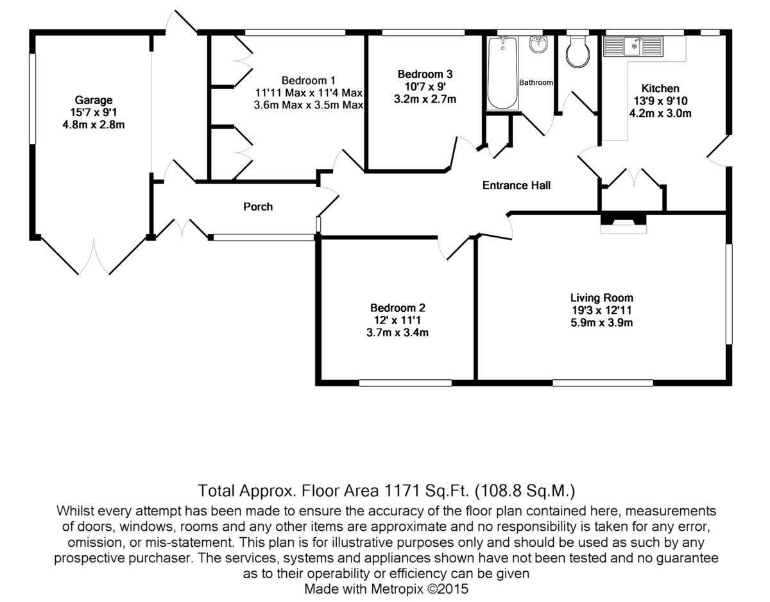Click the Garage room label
pos(94,100)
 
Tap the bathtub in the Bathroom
pos(502,74)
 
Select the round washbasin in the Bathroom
pos(538,46)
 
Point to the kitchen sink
pos(633,46)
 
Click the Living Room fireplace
pos(623,221)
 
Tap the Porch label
pos(258,207)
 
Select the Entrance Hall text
pos(517,186)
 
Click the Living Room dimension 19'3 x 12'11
pos(602,311)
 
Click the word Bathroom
pos(536,83)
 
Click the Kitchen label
pos(660,89)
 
